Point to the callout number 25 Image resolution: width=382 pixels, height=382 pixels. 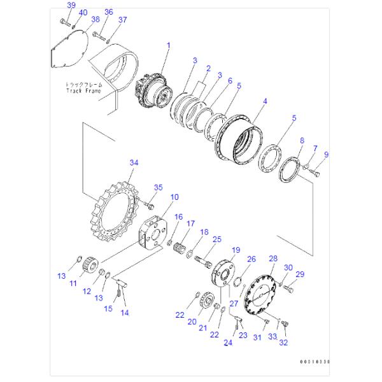[x=216, y=239]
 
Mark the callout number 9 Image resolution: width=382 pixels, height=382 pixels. [x=327, y=153]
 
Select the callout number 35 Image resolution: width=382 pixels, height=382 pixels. [x=159, y=187]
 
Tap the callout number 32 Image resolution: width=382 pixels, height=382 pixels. [x=283, y=342]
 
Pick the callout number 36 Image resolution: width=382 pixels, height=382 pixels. [x=108, y=12]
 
